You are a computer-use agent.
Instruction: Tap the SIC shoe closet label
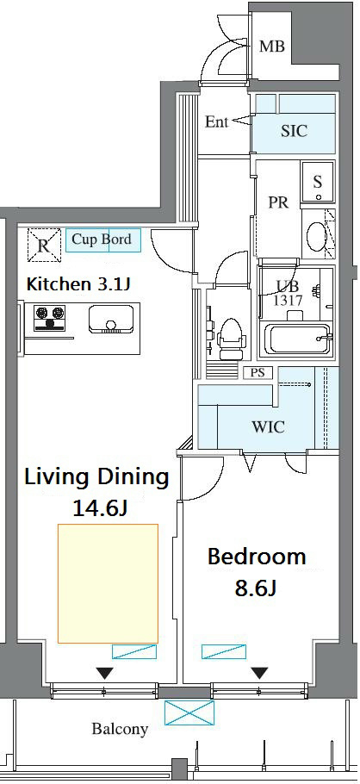[294, 131]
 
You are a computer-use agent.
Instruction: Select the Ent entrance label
[216, 121]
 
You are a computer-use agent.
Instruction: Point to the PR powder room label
[278, 202]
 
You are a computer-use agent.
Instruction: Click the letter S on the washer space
[318, 182]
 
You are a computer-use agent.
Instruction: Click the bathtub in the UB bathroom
[297, 340]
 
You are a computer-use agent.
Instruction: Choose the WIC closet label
[268, 427]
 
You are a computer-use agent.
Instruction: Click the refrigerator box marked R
[44, 245]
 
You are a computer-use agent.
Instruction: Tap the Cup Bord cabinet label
[102, 239]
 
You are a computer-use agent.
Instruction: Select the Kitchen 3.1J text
[78, 284]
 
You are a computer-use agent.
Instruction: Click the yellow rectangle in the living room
[108, 583]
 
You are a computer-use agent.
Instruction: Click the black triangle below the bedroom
[259, 673]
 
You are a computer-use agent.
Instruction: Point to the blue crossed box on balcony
[189, 712]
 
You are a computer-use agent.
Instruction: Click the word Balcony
[120, 730]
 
